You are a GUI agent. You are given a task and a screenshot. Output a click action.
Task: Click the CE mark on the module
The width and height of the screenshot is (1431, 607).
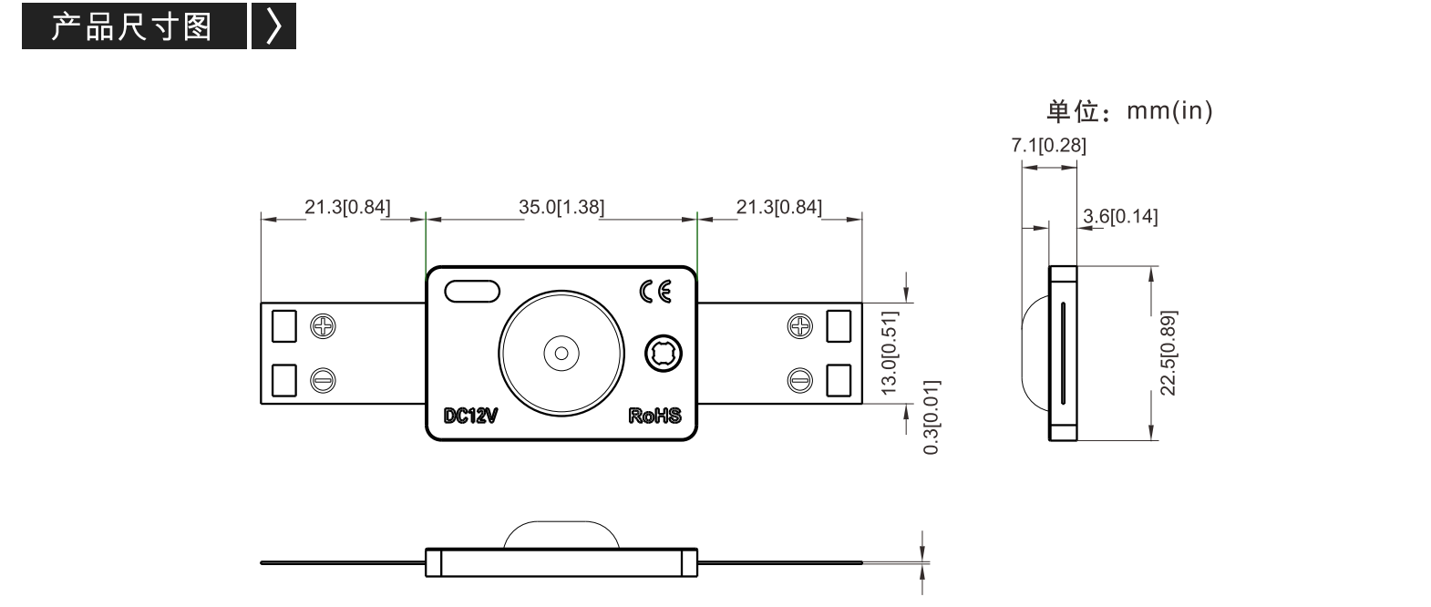(655, 292)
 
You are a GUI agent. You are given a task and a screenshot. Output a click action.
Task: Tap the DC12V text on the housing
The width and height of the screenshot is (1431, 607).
(470, 416)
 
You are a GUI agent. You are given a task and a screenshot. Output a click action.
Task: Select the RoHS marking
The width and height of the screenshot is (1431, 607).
(654, 416)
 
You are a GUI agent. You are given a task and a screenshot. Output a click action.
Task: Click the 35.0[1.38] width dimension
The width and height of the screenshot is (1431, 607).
(561, 207)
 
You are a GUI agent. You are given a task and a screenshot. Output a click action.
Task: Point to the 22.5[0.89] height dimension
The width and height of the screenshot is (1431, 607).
(1168, 354)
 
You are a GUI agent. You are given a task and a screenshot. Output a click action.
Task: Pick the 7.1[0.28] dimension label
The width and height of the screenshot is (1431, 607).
(1048, 146)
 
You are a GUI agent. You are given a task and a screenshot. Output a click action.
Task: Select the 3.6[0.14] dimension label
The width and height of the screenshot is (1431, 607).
(1120, 217)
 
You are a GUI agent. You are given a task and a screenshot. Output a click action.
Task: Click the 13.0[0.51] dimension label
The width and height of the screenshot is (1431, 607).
(890, 353)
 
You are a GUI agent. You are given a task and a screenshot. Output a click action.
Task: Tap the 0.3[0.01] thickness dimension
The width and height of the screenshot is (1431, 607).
(932, 417)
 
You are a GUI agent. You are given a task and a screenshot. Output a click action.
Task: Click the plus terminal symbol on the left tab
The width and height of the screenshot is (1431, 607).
(323, 326)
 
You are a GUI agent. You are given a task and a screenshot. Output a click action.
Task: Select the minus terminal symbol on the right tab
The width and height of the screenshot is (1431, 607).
(800, 381)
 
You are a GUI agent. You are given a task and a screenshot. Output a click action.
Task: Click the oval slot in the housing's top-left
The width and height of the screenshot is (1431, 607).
(472, 292)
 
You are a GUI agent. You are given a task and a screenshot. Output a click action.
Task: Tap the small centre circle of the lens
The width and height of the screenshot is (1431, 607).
(561, 354)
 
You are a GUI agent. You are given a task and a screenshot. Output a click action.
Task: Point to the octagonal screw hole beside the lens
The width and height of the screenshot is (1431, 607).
(664, 354)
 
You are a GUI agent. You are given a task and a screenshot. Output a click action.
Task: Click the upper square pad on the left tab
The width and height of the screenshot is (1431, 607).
(284, 326)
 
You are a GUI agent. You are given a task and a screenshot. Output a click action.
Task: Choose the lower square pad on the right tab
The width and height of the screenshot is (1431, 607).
(839, 380)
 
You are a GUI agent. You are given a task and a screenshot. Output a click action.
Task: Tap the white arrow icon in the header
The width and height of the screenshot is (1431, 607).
(273, 26)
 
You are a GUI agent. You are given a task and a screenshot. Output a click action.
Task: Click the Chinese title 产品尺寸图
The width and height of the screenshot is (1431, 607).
(131, 26)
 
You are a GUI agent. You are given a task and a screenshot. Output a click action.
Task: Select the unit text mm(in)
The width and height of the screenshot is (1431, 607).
(1169, 111)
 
